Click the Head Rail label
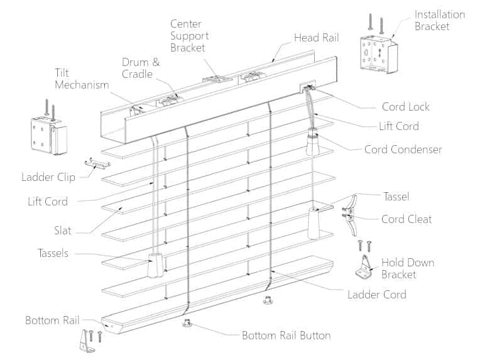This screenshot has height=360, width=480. point(316,38)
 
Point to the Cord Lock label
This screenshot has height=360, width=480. point(405,107)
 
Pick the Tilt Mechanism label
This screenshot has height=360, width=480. point(82,79)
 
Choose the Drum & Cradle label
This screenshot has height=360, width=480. point(141,68)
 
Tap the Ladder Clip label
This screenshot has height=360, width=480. point(48,177)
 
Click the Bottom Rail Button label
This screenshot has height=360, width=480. point(286,335)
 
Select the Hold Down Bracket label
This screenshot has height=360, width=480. point(408,268)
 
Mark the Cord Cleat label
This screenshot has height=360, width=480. point(406,219)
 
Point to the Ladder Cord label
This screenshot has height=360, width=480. point(377,294)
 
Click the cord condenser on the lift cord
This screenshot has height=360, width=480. point(312,142)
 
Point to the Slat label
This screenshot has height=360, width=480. point(63,231)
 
